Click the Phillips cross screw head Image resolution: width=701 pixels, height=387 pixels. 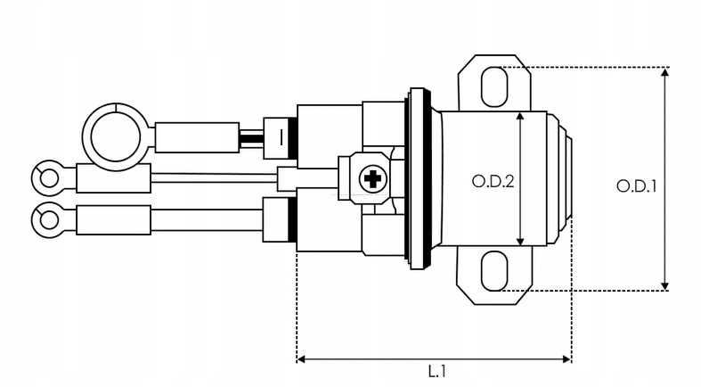(372, 181)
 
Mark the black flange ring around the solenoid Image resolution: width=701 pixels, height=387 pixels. (417, 177)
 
